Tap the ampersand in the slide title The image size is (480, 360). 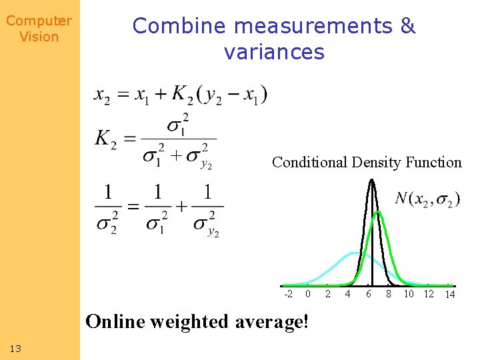point(408,26)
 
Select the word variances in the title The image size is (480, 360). point(274,52)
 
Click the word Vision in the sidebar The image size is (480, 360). point(39,37)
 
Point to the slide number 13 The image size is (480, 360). point(16,348)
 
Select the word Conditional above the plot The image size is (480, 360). point(309,162)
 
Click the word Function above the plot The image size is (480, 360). point(435,162)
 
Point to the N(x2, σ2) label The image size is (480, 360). point(427,199)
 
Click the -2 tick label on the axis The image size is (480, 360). point(288,294)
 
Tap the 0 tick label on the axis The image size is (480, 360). point(307,294)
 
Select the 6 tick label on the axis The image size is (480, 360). point(368,294)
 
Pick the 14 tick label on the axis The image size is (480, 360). point(450,295)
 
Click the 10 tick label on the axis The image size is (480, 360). point(409,294)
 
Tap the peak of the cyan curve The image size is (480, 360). point(353,253)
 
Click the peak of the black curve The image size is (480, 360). point(371,181)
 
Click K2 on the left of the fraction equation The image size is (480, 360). point(106,139)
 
